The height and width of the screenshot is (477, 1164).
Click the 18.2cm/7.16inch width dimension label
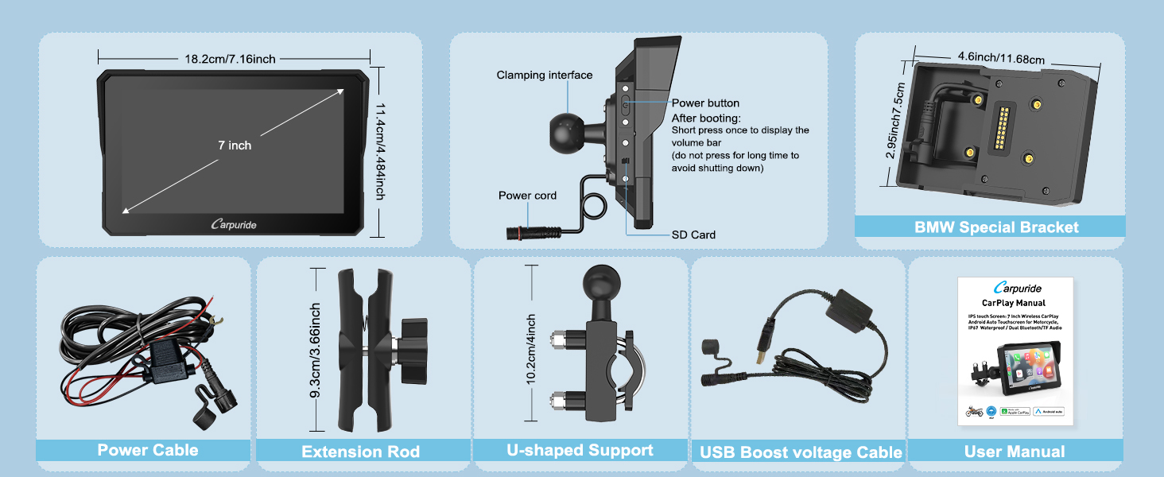coord(231,59)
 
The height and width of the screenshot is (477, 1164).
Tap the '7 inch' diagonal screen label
coord(235,145)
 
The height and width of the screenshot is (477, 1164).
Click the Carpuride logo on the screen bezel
coord(234,225)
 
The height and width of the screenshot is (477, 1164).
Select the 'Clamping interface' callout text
coord(545,76)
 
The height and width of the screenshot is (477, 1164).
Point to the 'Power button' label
coord(705,103)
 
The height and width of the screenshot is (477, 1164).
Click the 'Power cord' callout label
coord(527,196)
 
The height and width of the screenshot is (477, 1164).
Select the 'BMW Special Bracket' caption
coord(996,227)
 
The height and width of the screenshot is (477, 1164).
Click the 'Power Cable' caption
coord(148,451)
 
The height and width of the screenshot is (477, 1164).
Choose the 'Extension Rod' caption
coord(360,452)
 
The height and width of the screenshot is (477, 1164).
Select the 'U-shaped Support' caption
coord(580,450)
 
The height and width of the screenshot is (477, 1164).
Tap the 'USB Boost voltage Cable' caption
coord(801,452)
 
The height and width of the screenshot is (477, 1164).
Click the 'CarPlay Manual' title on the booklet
coord(1014,303)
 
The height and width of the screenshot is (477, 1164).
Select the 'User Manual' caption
coord(1014,452)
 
